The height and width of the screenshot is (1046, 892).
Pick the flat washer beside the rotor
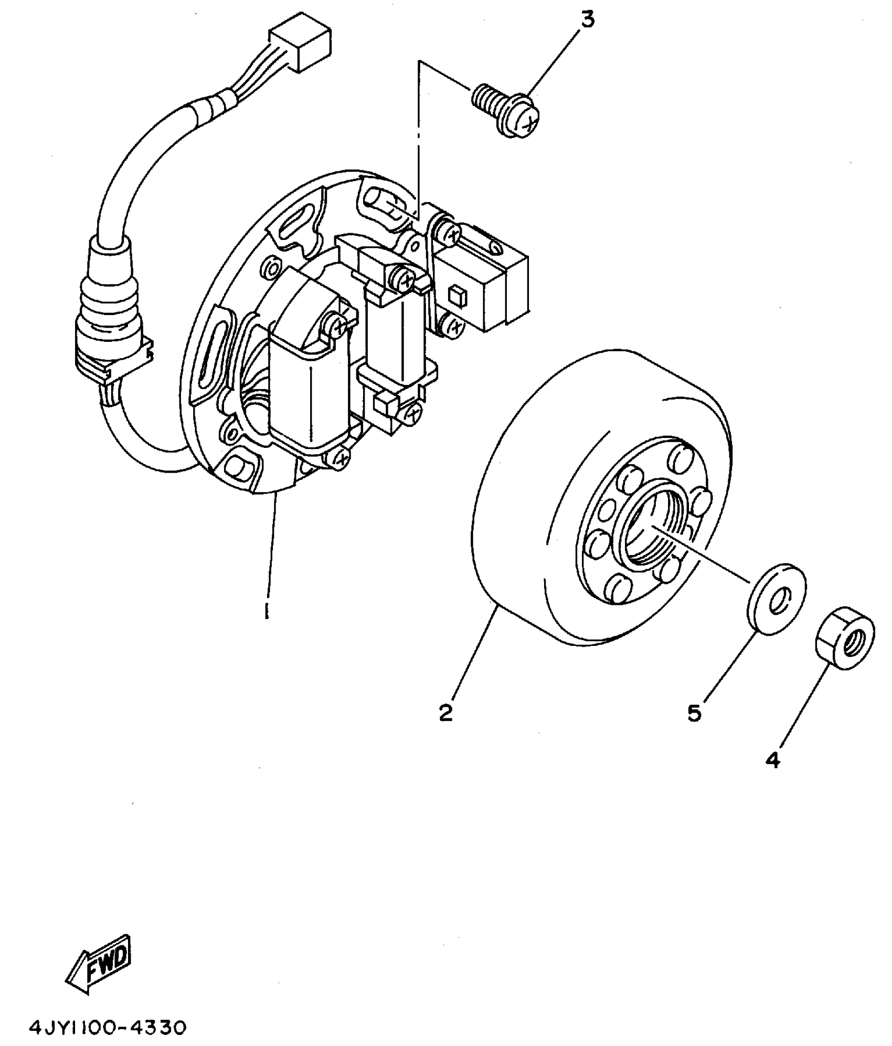[776, 600]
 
